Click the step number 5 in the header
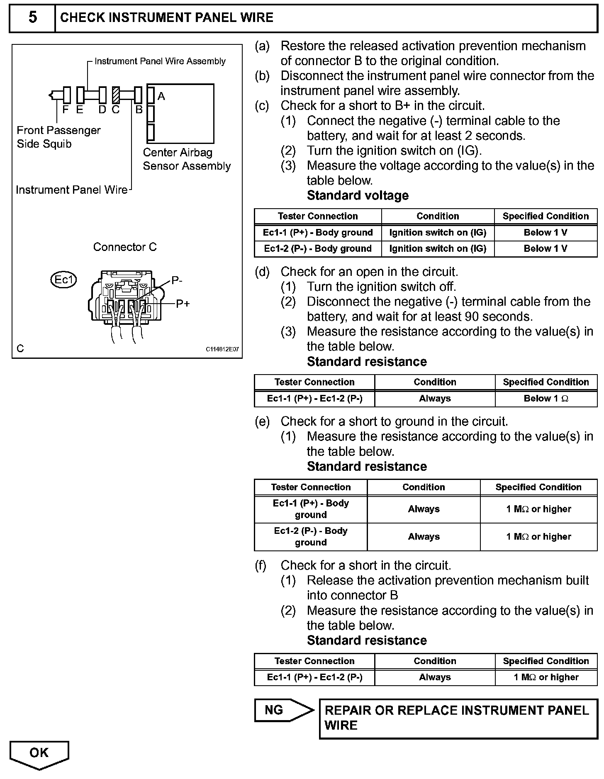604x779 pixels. (32, 17)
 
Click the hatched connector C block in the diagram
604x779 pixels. (116, 95)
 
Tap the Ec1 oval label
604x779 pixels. (63, 280)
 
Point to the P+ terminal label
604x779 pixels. (183, 304)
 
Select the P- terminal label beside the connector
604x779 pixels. (177, 281)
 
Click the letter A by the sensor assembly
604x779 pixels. (161, 97)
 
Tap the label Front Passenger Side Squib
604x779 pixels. (58, 137)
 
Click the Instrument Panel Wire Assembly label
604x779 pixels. (160, 61)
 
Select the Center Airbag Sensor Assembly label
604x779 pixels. (186, 159)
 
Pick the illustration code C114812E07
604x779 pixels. (222, 349)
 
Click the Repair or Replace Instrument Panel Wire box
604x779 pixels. (458, 718)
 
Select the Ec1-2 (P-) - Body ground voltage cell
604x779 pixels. (318, 248)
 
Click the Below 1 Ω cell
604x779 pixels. (546, 399)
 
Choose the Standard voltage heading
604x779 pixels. (358, 195)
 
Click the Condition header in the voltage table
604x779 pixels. (438, 216)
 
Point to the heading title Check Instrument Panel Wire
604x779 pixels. (167, 17)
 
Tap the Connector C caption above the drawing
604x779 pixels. (125, 247)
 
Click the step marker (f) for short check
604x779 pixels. (260, 565)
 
